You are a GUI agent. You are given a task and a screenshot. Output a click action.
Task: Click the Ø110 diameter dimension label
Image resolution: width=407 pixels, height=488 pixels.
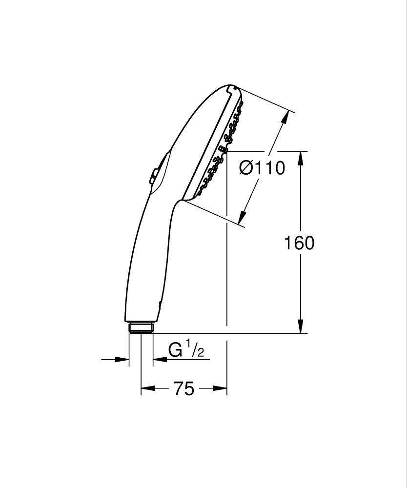(262, 168)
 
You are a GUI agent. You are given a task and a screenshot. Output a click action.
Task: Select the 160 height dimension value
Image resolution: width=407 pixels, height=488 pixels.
(299, 243)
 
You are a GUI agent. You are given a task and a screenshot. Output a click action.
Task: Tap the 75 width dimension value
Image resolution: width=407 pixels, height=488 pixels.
(183, 389)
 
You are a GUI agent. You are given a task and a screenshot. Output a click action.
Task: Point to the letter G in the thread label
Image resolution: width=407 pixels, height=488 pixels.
(175, 350)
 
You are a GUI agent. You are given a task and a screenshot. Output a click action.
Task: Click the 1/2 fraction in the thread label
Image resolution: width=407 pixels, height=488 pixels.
(194, 350)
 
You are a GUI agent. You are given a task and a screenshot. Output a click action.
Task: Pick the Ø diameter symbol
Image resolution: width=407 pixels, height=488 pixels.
(247, 168)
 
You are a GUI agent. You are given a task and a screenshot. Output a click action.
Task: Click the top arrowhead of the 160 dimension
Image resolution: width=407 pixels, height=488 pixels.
(302, 158)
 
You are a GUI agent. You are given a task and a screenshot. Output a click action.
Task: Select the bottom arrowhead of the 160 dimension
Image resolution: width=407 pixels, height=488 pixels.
(302, 327)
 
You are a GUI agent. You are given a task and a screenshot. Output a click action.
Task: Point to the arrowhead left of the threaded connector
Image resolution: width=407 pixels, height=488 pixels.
(123, 360)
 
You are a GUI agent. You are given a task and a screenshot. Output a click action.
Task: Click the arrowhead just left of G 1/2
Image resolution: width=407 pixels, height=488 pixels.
(159, 360)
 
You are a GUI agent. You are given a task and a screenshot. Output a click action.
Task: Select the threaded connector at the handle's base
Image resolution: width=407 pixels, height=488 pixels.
(141, 327)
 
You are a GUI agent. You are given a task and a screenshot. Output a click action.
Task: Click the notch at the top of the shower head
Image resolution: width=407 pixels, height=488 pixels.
(231, 88)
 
